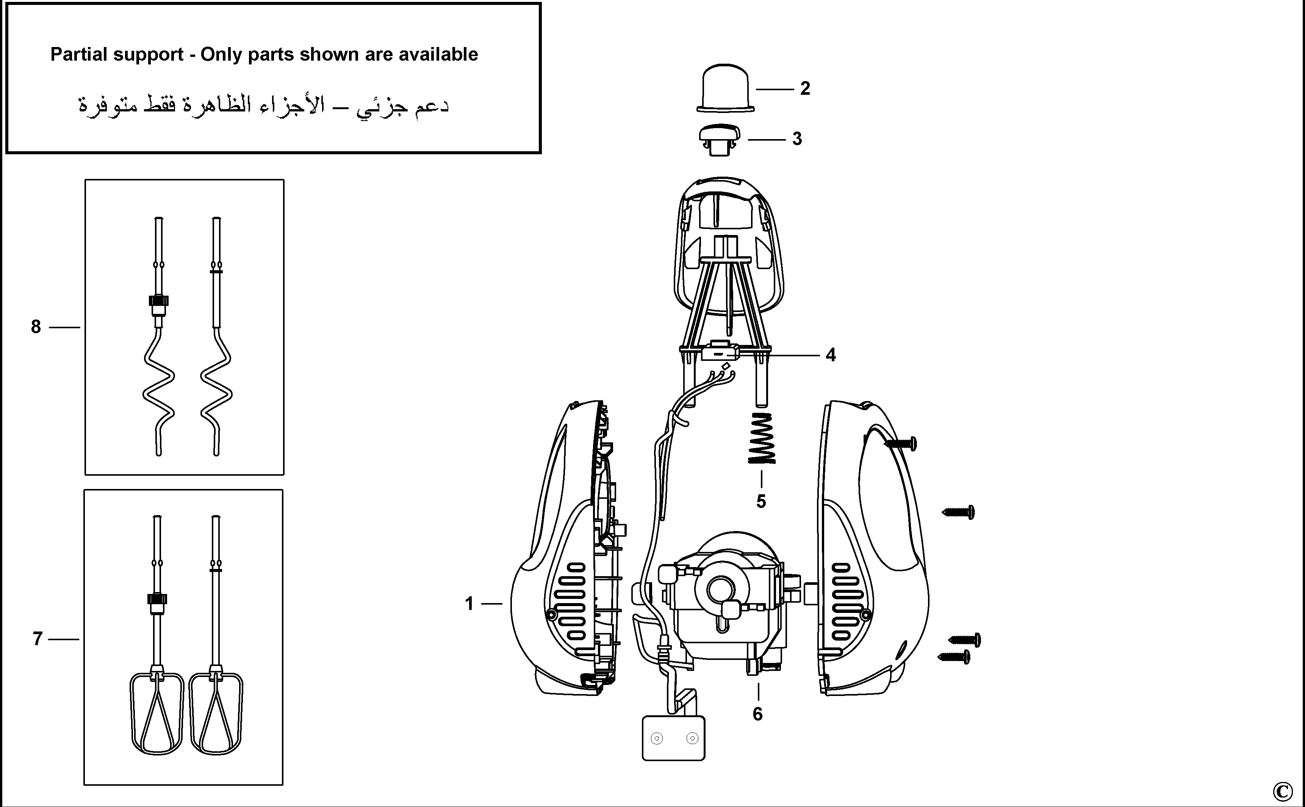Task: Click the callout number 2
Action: click(805, 88)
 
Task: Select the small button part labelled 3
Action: click(719, 140)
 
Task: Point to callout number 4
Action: click(831, 355)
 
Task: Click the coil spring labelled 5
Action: click(762, 438)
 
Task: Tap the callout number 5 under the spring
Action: click(761, 502)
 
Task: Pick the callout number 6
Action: click(757, 714)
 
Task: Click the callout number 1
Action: click(469, 604)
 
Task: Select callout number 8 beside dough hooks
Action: click(36, 327)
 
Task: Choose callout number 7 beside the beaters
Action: click(38, 639)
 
